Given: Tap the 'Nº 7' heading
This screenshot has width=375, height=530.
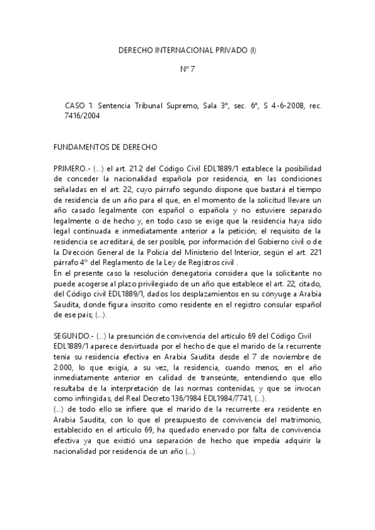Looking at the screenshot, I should [188, 69].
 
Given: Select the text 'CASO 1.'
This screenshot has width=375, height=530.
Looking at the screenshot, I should [78, 107].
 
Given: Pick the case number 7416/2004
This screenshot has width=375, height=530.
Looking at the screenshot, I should [82, 116].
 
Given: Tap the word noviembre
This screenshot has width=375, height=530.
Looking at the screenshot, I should [302, 354].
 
